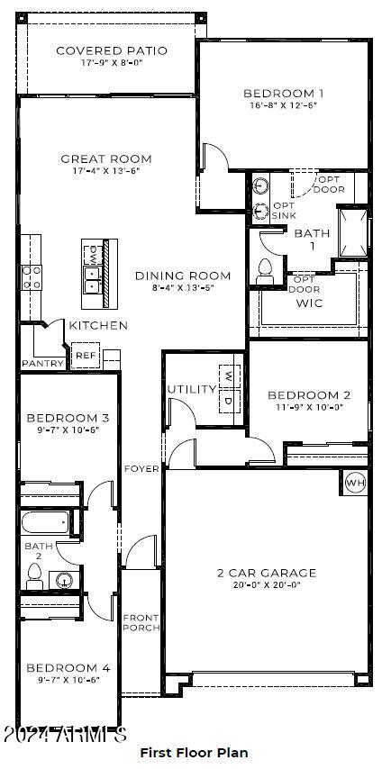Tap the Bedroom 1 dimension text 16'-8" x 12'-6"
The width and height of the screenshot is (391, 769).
pos(283,104)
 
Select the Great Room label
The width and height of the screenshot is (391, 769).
pos(106,158)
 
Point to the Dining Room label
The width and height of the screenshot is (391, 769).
pos(183,276)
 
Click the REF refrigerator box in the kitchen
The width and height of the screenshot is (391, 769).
pos(85,355)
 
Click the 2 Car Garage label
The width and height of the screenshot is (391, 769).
pos(266,573)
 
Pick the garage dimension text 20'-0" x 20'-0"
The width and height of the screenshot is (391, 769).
pos(266,585)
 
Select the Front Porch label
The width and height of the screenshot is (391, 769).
pos(141,622)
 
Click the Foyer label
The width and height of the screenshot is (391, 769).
pos(141,468)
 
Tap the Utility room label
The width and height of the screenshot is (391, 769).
pos(191,389)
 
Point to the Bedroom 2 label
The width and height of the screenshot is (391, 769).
pos(309,394)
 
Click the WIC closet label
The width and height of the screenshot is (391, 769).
pos(309,303)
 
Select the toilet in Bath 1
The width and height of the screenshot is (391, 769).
pos(265,270)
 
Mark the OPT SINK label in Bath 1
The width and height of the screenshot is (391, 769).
pos(284,210)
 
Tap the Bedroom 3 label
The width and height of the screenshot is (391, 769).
pos(68,418)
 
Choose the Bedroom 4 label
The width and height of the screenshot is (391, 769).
pos(68,667)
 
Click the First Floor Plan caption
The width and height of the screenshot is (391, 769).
pos(194,752)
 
